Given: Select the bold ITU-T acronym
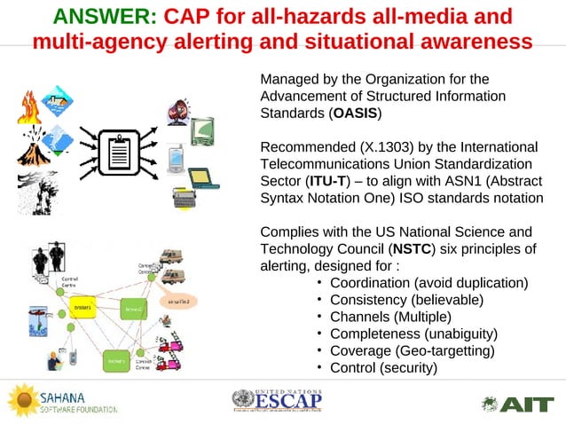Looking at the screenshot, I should click(326, 181).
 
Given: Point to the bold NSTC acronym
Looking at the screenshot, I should click(412, 248).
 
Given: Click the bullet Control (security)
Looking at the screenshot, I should click(383, 366).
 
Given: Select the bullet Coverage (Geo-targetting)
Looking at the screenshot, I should click(412, 349).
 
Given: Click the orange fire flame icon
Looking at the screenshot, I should click(28, 107).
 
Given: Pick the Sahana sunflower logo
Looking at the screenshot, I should click(22, 400).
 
